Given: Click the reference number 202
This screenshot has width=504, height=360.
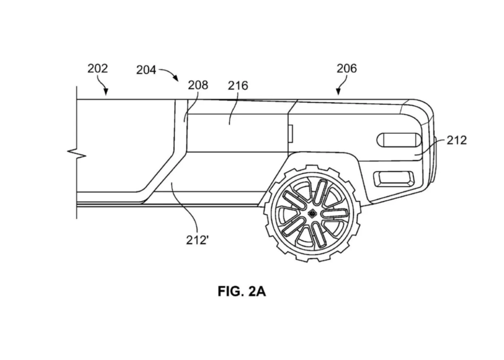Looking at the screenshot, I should pos(97,69).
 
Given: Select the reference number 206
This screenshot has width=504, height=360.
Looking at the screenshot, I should pos(347,69).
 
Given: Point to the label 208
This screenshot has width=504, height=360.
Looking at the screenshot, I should pos(198,85).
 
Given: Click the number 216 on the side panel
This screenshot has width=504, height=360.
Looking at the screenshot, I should pos(238,85).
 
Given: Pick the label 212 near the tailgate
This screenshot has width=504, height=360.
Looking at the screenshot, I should pos(456,140).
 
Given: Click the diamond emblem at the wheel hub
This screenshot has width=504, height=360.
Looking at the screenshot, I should pos(311,214).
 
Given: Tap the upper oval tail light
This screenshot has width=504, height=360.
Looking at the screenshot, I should pos(400,140).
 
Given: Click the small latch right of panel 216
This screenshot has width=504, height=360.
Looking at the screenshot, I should pos(290,133).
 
